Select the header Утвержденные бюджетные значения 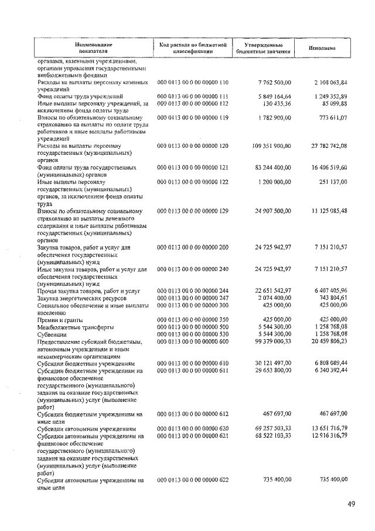(x=263, y=48)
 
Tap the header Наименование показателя (x=95, y=48)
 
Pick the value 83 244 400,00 (x=267, y=167)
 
